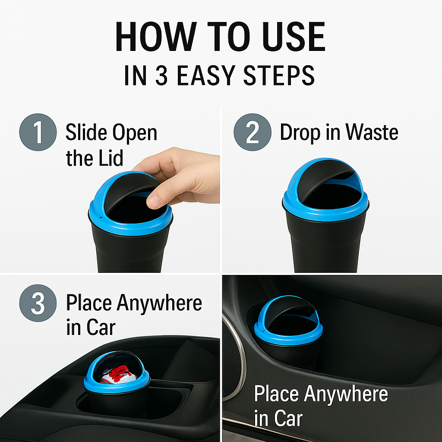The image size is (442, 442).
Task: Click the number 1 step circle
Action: pyautogui.click(x=38, y=132)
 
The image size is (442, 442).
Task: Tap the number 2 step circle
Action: pyautogui.click(x=253, y=132)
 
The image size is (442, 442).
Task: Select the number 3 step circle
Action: pyautogui.click(x=38, y=303)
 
